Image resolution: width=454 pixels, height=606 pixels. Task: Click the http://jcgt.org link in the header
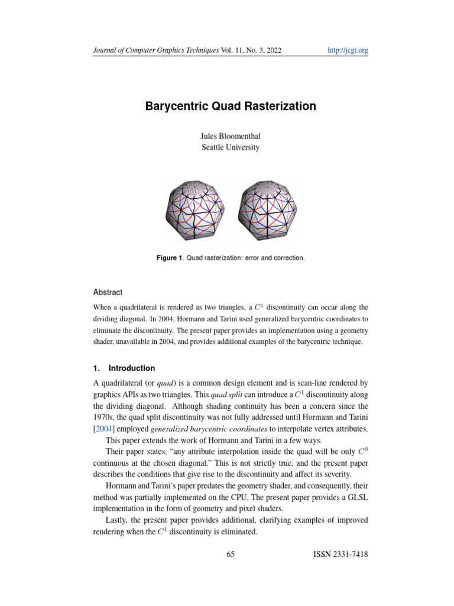pyautogui.click(x=348, y=51)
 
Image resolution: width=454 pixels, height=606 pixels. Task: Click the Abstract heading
pyautogui.click(x=108, y=292)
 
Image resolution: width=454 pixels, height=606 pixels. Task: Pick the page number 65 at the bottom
pyautogui.click(x=231, y=555)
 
